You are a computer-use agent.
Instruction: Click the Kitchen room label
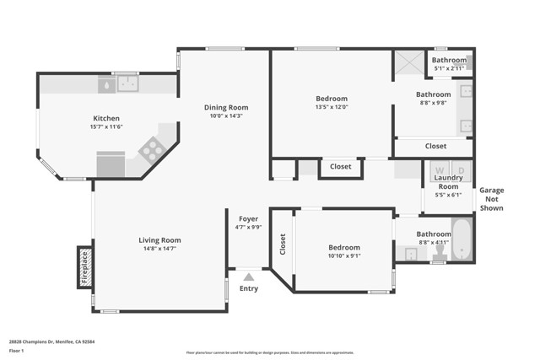106,118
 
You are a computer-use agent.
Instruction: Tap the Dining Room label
226,107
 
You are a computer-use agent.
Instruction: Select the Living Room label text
159,240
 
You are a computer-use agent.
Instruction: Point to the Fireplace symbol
84,266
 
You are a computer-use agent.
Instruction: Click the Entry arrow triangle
248,276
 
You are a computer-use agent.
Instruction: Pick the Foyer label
248,218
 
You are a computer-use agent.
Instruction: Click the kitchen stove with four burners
151,150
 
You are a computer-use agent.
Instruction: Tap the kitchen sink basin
128,83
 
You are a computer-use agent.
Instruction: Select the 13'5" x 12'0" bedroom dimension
331,107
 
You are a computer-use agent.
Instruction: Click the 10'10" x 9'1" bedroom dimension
344,256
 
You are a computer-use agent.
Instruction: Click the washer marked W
439,170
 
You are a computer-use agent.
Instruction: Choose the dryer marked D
461,170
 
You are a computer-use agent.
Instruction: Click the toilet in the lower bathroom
440,251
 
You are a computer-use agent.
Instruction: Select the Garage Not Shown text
491,199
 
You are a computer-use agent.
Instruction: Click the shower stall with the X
409,64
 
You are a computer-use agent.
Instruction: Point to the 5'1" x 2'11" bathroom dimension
449,69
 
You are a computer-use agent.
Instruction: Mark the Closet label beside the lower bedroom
282,244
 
